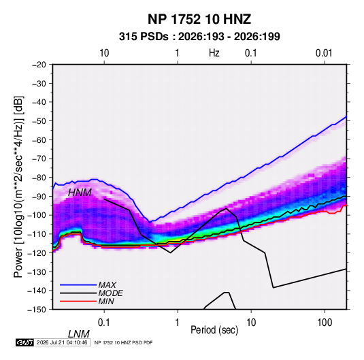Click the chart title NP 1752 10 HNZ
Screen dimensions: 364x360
[199, 19]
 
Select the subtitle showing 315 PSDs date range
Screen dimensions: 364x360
[199, 37]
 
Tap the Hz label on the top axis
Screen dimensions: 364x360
[214, 53]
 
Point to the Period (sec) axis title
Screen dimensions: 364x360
[214, 329]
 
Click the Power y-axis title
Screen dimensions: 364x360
[18, 187]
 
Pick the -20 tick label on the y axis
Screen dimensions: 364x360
[39, 65]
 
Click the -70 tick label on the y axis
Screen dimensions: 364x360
[39, 159]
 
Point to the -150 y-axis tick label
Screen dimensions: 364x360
[37, 310]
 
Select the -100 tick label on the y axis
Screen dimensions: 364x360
[37, 215]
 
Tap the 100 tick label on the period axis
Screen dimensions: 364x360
[325, 323]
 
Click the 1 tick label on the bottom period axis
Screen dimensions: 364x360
[178, 323]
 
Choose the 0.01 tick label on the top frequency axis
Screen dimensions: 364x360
[324, 53]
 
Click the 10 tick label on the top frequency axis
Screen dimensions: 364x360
[104, 53]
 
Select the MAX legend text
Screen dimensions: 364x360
[107, 285]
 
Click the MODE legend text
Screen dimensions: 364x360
[110, 293]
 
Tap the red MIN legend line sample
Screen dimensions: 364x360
[78, 301]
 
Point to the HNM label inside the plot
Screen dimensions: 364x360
[80, 193]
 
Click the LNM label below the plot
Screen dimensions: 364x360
[79, 334]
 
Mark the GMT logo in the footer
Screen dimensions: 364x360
[24, 342]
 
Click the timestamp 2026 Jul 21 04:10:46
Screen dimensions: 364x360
[62, 342]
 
